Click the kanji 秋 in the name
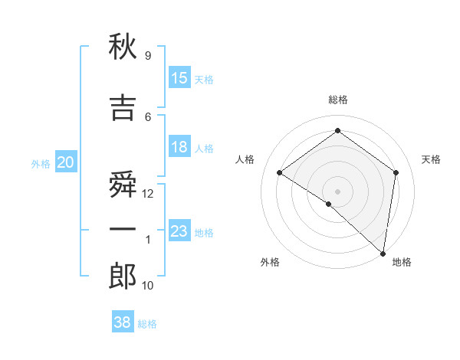click(x=123, y=48)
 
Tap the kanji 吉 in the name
click(x=123, y=109)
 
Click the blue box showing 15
click(x=179, y=78)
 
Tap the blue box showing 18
click(x=179, y=147)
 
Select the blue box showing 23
click(x=179, y=231)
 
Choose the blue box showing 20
click(x=65, y=162)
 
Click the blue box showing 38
click(x=123, y=322)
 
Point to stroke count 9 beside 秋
click(x=147, y=56)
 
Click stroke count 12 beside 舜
click(x=149, y=194)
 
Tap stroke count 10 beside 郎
click(x=149, y=286)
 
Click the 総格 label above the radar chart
click(x=337, y=100)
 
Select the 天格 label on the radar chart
click(x=431, y=159)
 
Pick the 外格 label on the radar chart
click(x=270, y=262)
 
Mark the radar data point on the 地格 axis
click(x=383, y=253)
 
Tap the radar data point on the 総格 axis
click(x=337, y=131)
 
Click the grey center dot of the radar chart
click(x=337, y=191)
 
